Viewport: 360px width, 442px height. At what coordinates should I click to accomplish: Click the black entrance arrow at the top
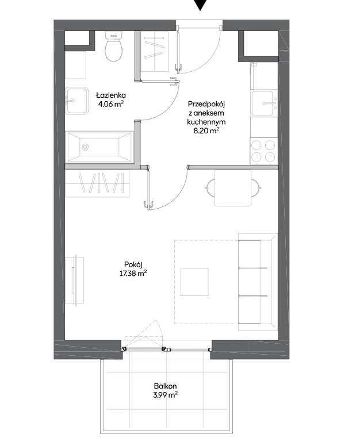tap(200, 5)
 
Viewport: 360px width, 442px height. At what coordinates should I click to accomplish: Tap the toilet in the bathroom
tap(114, 47)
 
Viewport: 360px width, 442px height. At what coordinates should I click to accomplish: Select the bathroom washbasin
tap(76, 101)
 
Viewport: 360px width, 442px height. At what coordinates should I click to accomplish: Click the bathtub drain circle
tap(85, 147)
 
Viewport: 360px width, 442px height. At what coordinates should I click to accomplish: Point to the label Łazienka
tap(110, 95)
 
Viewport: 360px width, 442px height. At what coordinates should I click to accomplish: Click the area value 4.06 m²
tap(110, 104)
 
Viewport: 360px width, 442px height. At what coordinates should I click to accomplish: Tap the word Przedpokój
tap(206, 104)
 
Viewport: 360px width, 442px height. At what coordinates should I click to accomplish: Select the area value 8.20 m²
tap(206, 131)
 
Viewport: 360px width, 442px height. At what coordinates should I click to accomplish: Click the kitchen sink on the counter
tap(265, 103)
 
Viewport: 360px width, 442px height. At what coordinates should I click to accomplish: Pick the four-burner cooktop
tap(263, 151)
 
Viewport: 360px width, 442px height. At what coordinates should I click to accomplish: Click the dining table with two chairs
tap(233, 188)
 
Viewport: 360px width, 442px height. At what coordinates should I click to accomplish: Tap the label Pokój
tap(133, 264)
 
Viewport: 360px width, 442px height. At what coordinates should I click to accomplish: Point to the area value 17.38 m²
tap(133, 274)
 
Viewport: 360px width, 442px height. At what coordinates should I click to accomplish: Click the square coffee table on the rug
tap(194, 282)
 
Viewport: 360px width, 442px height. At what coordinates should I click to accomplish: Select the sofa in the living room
tap(258, 282)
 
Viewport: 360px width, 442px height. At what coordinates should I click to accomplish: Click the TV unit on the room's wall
tap(75, 280)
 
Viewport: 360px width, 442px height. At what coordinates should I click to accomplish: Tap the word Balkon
tap(165, 386)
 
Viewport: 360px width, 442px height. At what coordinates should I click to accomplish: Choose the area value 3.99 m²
tap(165, 395)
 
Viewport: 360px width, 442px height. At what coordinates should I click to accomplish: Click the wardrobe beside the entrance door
tap(154, 51)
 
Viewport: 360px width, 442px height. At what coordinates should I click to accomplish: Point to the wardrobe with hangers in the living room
tap(97, 183)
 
